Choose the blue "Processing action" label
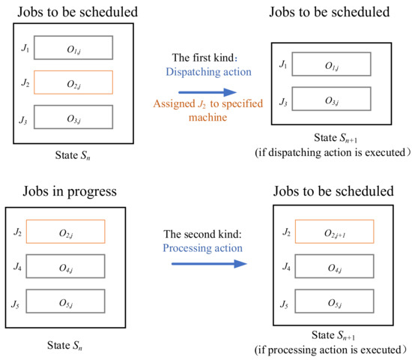pyautogui.click(x=206, y=247)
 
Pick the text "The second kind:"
pyautogui.click(x=206, y=233)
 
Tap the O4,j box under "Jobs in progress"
pyautogui.click(x=65, y=265)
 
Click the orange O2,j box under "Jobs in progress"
pyautogui.click(x=65, y=232)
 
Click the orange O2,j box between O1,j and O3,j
pyautogui.click(x=73, y=82)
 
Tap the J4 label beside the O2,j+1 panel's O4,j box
pyautogui.click(x=284, y=266)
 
